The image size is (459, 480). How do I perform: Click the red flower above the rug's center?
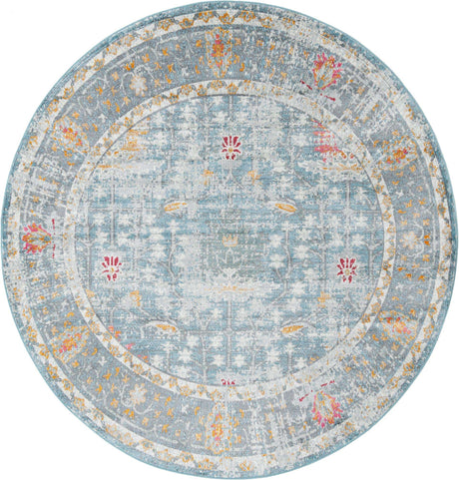tap(230, 148)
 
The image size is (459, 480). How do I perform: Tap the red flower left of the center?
tap(111, 267)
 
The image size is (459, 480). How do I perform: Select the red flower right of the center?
tap(346, 268)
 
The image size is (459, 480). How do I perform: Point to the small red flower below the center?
tap(229, 380)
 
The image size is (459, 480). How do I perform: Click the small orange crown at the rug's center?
tap(231, 240)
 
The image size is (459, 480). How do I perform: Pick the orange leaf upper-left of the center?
tap(174, 207)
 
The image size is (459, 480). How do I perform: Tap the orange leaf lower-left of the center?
tap(166, 325)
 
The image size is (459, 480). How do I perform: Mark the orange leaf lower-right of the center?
tap(291, 328)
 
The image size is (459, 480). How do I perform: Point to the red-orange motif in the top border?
tap(221, 45)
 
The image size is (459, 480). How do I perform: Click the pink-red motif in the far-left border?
tap(36, 238)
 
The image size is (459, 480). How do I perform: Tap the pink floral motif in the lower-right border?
tap(325, 408)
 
